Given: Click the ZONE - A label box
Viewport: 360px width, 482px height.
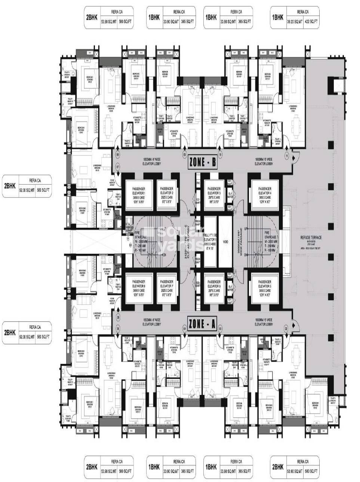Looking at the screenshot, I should point(203,323).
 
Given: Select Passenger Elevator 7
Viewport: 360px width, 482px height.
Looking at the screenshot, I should point(166,286).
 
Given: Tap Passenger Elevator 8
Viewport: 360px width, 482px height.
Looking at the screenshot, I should point(139,286).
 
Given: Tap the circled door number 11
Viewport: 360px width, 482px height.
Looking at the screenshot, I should point(287,154).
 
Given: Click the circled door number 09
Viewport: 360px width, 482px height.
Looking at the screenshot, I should point(184,154).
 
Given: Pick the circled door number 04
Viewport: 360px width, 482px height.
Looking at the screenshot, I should point(184,329).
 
